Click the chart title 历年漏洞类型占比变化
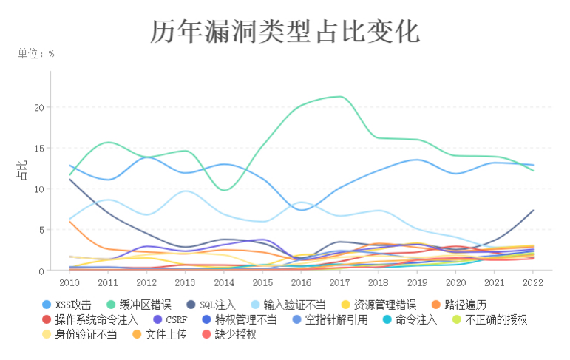click(285, 31)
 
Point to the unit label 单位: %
click(36, 53)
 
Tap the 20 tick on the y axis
click(39, 107)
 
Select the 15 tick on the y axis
click(39, 148)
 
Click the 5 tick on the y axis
click(41, 230)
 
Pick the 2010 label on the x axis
click(69, 282)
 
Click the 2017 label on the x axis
click(340, 282)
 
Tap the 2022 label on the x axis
click(533, 282)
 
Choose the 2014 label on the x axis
click(224, 282)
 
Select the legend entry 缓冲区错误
click(144, 305)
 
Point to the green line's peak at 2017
click(340, 97)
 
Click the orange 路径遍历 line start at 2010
click(70, 222)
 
